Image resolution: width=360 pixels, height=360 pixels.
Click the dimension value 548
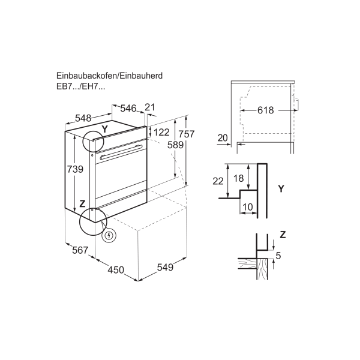(83, 118)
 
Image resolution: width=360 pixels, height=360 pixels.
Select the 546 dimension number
(128, 108)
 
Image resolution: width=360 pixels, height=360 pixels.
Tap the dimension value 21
(150, 107)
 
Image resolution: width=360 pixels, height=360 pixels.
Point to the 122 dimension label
(161, 132)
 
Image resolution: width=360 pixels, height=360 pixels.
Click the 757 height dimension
(187, 134)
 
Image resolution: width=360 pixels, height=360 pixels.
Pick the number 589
(175, 145)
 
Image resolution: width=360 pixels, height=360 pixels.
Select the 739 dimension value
(75, 169)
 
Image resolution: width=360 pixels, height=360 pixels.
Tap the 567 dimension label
(80, 250)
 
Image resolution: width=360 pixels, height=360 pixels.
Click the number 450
(116, 270)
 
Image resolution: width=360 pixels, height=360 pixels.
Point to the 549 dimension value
(165, 267)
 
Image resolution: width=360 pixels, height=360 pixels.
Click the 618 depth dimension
(266, 110)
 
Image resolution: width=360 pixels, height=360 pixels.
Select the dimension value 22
(218, 181)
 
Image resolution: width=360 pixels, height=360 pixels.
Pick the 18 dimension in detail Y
(238, 178)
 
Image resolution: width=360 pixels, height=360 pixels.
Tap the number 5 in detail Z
(278, 256)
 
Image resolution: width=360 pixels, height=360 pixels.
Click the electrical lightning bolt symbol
(109, 235)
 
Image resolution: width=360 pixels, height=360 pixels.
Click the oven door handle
(121, 152)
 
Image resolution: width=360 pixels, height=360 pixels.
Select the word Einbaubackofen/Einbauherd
(110, 76)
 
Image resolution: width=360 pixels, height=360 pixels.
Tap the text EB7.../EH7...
(81, 86)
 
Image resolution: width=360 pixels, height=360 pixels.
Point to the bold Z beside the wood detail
(283, 235)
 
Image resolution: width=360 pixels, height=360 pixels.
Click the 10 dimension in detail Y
(247, 207)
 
